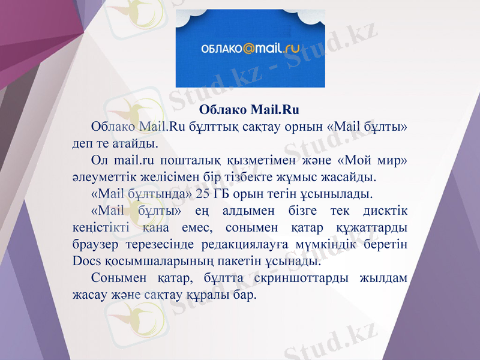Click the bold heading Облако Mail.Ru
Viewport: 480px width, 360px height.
click(248, 110)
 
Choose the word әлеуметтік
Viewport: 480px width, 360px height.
click(97, 178)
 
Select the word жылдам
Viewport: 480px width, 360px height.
click(384, 279)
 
